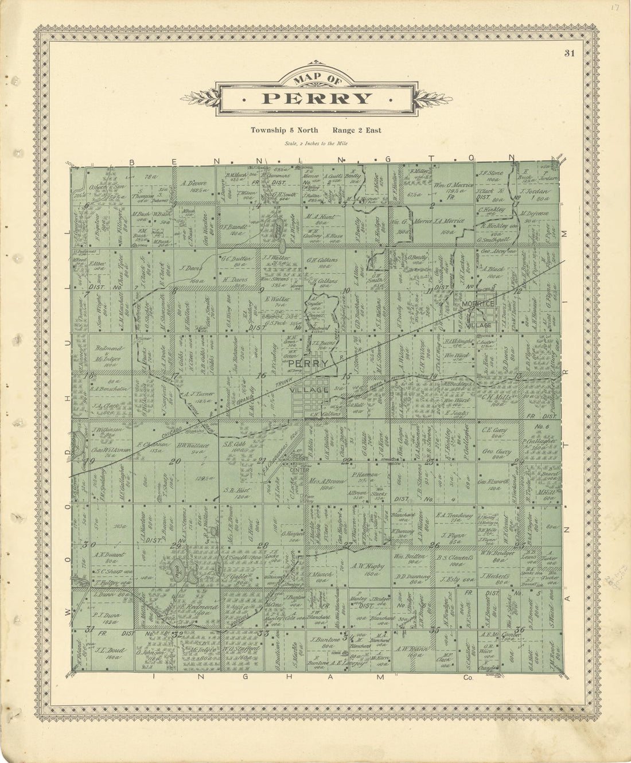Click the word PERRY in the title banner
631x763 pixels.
point(316,98)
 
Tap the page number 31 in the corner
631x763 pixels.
point(569,53)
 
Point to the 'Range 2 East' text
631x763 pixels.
point(359,130)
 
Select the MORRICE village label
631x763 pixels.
point(479,303)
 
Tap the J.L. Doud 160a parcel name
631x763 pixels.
point(108,653)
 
